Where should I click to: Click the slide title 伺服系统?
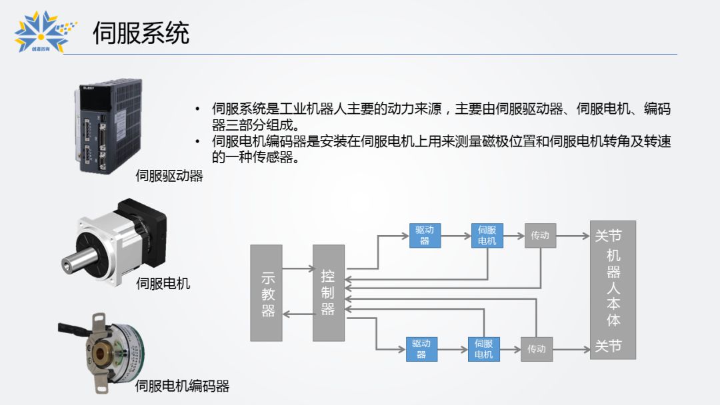(x=141, y=33)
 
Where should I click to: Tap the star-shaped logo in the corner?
(x=41, y=32)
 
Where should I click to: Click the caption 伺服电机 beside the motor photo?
(x=163, y=284)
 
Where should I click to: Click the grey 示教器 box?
(x=266, y=293)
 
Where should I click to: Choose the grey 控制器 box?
(x=329, y=293)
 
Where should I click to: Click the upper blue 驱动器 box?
(x=425, y=236)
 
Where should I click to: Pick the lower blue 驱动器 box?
(x=421, y=349)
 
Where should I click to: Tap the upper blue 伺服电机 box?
(x=487, y=236)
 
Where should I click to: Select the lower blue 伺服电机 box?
(x=484, y=349)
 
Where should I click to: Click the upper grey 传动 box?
(x=540, y=236)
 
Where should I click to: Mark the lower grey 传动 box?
(x=537, y=349)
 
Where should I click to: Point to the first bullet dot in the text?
(x=197, y=109)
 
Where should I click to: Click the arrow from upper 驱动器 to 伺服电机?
(x=455, y=236)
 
